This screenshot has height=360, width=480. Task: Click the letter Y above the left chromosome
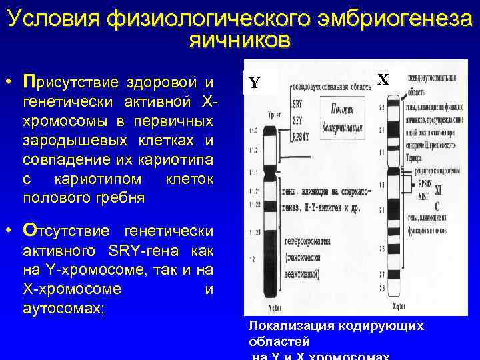coord(254,83)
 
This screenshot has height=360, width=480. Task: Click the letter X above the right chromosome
coord(383,79)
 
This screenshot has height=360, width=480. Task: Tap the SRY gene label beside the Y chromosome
coord(298,105)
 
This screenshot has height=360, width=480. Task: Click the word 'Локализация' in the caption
coord(281,326)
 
